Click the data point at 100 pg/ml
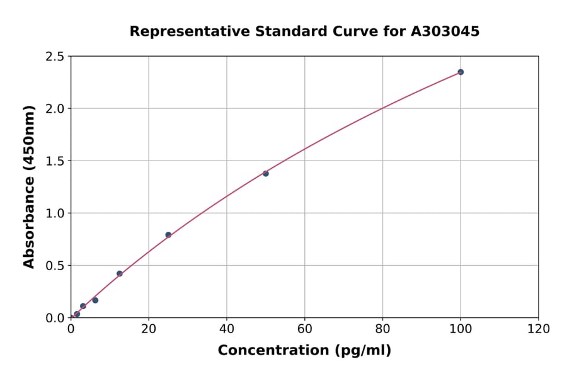(x=461, y=72)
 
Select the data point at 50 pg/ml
(x=266, y=173)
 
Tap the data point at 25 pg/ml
(x=168, y=235)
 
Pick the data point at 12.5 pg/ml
(x=120, y=273)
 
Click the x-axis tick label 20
(x=149, y=329)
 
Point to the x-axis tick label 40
(x=227, y=329)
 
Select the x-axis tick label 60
(x=305, y=329)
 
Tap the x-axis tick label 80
(x=382, y=329)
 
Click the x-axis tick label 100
(x=461, y=329)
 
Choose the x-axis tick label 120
(x=539, y=329)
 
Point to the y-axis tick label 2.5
(x=55, y=57)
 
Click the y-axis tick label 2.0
(x=55, y=109)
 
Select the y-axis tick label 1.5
(x=55, y=161)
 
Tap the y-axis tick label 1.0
(x=55, y=213)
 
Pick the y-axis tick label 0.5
(x=55, y=266)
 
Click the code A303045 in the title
(x=445, y=31)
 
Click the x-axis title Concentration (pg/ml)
(x=304, y=351)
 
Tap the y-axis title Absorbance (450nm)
(x=29, y=186)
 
